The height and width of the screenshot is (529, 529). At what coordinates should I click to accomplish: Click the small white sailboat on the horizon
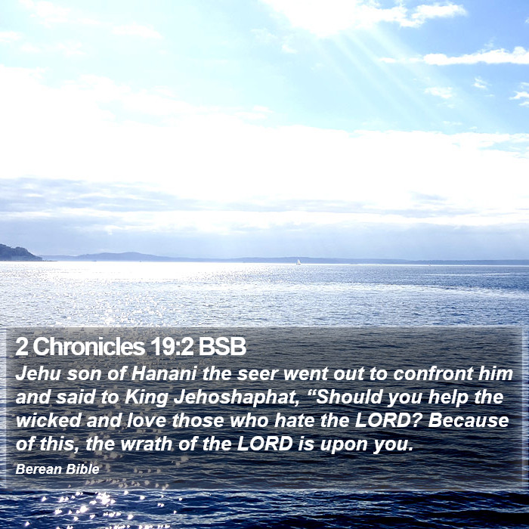299,262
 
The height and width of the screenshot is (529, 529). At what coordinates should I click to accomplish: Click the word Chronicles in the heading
89,346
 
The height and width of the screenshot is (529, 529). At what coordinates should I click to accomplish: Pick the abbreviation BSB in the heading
222,346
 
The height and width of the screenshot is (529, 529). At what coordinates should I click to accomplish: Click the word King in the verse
146,398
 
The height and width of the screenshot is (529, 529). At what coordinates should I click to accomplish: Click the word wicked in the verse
48,421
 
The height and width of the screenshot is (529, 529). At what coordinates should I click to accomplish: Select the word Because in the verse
469,421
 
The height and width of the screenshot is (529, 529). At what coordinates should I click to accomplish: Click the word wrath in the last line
147,444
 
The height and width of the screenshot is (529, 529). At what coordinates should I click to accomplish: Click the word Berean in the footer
39,469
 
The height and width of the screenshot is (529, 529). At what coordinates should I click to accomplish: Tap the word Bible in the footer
82,469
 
